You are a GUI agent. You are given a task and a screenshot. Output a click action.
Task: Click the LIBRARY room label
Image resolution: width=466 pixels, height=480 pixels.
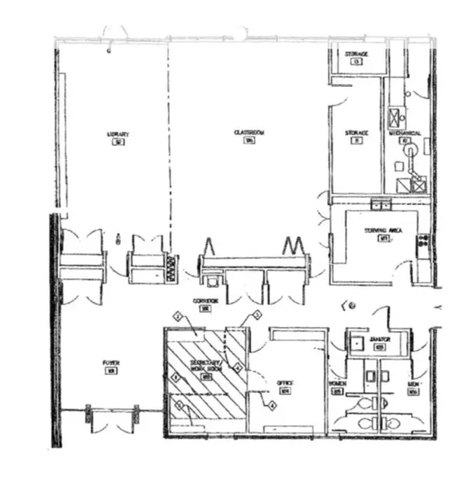(x=117, y=134)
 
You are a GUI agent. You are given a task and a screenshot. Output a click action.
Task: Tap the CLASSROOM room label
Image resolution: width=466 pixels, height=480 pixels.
(x=249, y=134)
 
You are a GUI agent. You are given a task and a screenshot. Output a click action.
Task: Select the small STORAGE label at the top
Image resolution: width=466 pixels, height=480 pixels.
(x=356, y=54)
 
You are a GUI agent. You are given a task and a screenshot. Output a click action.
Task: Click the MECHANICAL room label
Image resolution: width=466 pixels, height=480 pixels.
(x=410, y=134)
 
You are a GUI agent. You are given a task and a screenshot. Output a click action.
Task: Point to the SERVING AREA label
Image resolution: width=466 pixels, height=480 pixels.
(x=381, y=231)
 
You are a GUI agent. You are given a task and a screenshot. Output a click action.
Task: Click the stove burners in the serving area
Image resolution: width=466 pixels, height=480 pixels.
(x=424, y=245)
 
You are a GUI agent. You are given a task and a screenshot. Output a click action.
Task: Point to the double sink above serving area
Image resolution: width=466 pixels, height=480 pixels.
(x=381, y=204)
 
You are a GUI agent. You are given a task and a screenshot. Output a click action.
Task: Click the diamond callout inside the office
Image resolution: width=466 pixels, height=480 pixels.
(x=273, y=405)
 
